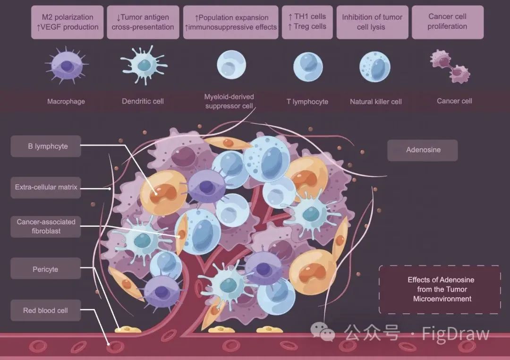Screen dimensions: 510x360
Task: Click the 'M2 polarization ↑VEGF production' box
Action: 68,22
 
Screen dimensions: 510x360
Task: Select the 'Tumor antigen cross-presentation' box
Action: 143,22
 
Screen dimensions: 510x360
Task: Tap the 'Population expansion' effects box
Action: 231,22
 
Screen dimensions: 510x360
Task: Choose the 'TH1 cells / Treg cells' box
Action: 307,22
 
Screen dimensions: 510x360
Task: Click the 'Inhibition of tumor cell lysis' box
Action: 373,22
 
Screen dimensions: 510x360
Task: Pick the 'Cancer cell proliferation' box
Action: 448,22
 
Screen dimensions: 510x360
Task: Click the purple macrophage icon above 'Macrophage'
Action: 67,65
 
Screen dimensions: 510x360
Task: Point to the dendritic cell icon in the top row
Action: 144,65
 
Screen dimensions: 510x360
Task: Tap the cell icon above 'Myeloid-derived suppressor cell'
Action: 231,65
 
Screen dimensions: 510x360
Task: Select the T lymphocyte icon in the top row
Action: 308,67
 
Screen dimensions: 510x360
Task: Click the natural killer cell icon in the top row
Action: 374,67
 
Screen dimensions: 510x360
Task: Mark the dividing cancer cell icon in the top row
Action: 450,67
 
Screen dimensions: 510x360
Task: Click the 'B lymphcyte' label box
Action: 46,146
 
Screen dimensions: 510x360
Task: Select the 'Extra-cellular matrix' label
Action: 46,188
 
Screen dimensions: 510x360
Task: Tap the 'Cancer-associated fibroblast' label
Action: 46,227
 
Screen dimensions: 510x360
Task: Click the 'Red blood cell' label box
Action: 46,310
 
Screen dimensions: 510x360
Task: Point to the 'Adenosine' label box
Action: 423,150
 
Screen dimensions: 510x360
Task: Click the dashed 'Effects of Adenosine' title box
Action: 440,289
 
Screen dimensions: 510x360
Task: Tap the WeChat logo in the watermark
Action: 323,332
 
